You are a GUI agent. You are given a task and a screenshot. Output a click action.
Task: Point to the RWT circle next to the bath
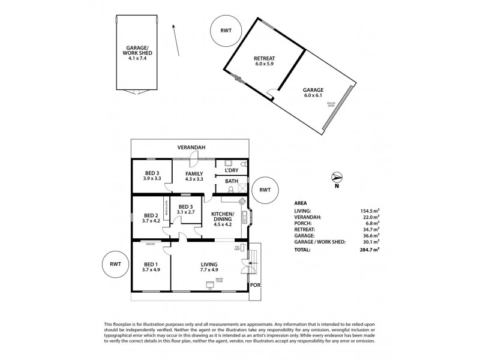pyautogui.click(x=265, y=190)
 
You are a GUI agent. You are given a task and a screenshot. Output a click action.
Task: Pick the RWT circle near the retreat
pyautogui.click(x=226, y=31)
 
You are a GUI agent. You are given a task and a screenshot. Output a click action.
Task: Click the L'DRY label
pyautogui.click(x=231, y=171)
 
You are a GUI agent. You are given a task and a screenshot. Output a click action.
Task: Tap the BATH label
pyautogui.click(x=231, y=181)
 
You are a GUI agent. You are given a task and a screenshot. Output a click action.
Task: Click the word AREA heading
pyautogui.click(x=302, y=203)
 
